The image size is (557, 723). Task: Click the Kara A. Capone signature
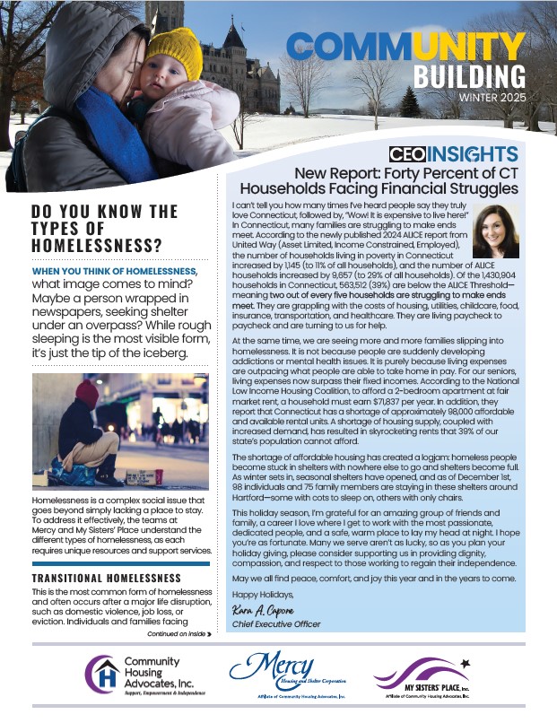tap(255, 610)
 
